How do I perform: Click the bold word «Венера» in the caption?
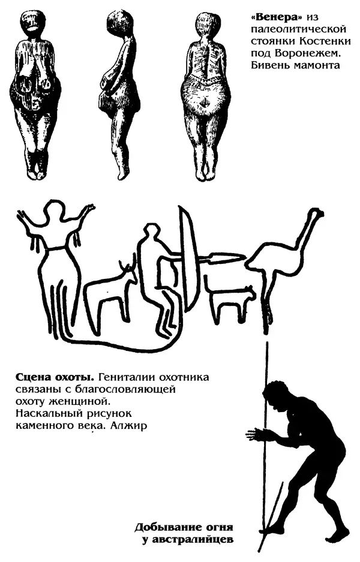(x=275, y=17)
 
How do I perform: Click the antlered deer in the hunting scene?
(x=110, y=290)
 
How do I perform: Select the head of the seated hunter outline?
(x=151, y=232)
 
